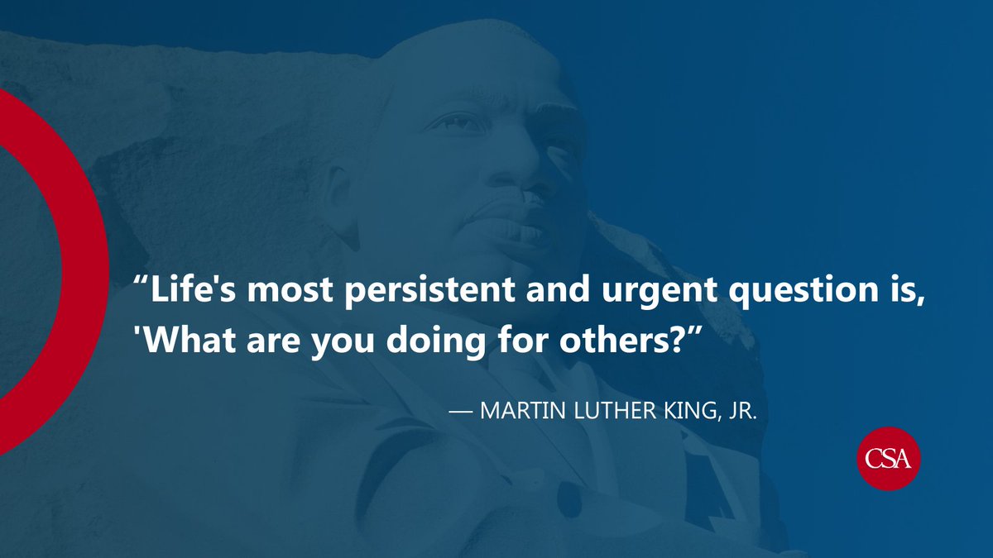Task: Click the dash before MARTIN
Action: click(x=458, y=412)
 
